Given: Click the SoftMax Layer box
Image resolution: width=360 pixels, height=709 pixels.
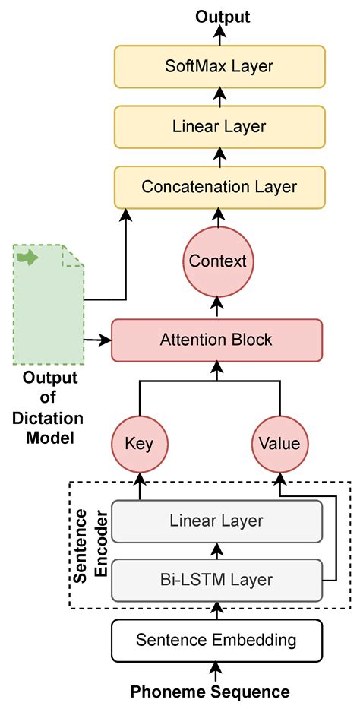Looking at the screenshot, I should tap(219, 66).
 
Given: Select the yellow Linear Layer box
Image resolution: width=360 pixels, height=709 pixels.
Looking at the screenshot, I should tap(219, 126).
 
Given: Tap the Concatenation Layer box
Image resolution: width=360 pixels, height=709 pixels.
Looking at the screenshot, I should tap(219, 186).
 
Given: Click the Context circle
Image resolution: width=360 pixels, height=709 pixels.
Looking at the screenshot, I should tap(218, 261).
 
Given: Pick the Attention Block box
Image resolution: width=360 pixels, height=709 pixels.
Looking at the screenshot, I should tap(216, 340).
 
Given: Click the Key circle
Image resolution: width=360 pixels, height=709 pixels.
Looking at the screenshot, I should tap(140, 443).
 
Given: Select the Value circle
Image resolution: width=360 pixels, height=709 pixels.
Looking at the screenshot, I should tap(279, 443).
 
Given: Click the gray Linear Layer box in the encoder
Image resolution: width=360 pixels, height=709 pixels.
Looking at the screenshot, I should tap(216, 521).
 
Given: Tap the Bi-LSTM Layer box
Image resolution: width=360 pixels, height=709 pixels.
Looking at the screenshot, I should tap(216, 579).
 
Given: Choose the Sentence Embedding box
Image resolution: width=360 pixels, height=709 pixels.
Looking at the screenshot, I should tap(216, 640).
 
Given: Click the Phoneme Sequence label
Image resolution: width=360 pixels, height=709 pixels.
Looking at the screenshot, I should tap(210, 692).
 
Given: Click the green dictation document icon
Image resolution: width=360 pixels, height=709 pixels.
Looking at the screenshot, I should tap(48, 304).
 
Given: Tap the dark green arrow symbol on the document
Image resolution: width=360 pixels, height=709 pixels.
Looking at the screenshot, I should tap(28, 258).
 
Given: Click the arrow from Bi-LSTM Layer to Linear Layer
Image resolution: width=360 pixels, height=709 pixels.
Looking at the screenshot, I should tap(218, 550).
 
